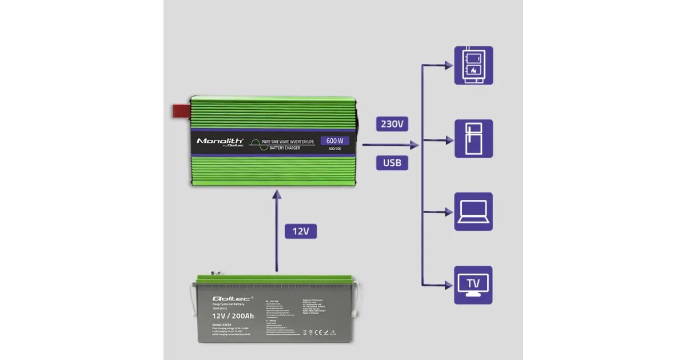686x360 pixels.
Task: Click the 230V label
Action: (392, 125)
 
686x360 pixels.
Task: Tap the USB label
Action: (392, 163)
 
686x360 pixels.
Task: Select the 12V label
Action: (300, 231)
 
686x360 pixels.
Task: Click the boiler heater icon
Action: (473, 65)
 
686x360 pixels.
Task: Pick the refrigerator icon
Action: (473, 138)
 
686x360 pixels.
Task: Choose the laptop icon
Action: (473, 211)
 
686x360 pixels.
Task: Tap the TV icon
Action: (473, 285)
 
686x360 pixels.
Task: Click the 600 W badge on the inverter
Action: (334, 141)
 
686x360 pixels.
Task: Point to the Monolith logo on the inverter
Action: (220, 141)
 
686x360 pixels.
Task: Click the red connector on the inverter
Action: (181, 111)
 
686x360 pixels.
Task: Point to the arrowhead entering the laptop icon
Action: (449, 212)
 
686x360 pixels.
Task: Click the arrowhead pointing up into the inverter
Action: (277, 195)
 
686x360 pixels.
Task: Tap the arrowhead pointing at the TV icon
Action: (449, 285)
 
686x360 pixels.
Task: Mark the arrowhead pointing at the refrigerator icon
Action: (449, 139)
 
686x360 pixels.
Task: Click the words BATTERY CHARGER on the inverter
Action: (284, 148)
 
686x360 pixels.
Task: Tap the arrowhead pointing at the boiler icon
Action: (449, 66)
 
